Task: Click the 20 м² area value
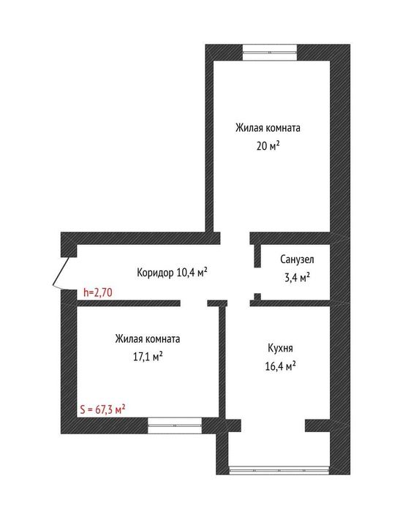[x=268, y=145]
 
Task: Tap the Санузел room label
[x=298, y=260]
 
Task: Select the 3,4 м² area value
[x=295, y=277]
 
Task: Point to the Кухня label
[x=281, y=349]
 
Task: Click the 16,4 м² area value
[x=280, y=366]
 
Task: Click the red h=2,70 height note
[x=97, y=292]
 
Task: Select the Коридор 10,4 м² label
[x=172, y=273]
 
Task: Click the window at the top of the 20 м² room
[x=269, y=51]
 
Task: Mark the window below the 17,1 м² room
[x=174, y=422]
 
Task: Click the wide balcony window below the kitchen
[x=280, y=466]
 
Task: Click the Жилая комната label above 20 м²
[x=268, y=127]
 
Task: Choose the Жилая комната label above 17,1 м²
[x=147, y=339]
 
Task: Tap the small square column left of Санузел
[x=257, y=296]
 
